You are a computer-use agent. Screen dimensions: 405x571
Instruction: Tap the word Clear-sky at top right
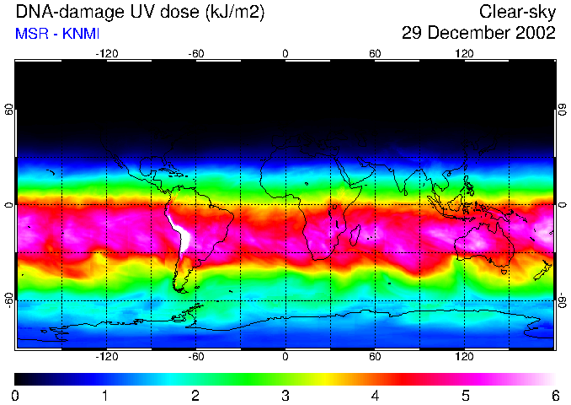coord(517,12)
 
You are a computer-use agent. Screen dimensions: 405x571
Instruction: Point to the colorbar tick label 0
coord(15,395)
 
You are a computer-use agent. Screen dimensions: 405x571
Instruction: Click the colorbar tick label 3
coord(285,395)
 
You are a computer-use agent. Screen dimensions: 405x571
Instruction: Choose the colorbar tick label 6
coord(554,395)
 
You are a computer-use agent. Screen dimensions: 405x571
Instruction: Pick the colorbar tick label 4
coord(375,395)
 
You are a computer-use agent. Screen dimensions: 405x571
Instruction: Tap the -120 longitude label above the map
coord(106,53)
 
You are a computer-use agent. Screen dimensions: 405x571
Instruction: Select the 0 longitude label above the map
coord(285,53)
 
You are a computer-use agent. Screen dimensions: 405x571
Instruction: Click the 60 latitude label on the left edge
coord(9,111)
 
